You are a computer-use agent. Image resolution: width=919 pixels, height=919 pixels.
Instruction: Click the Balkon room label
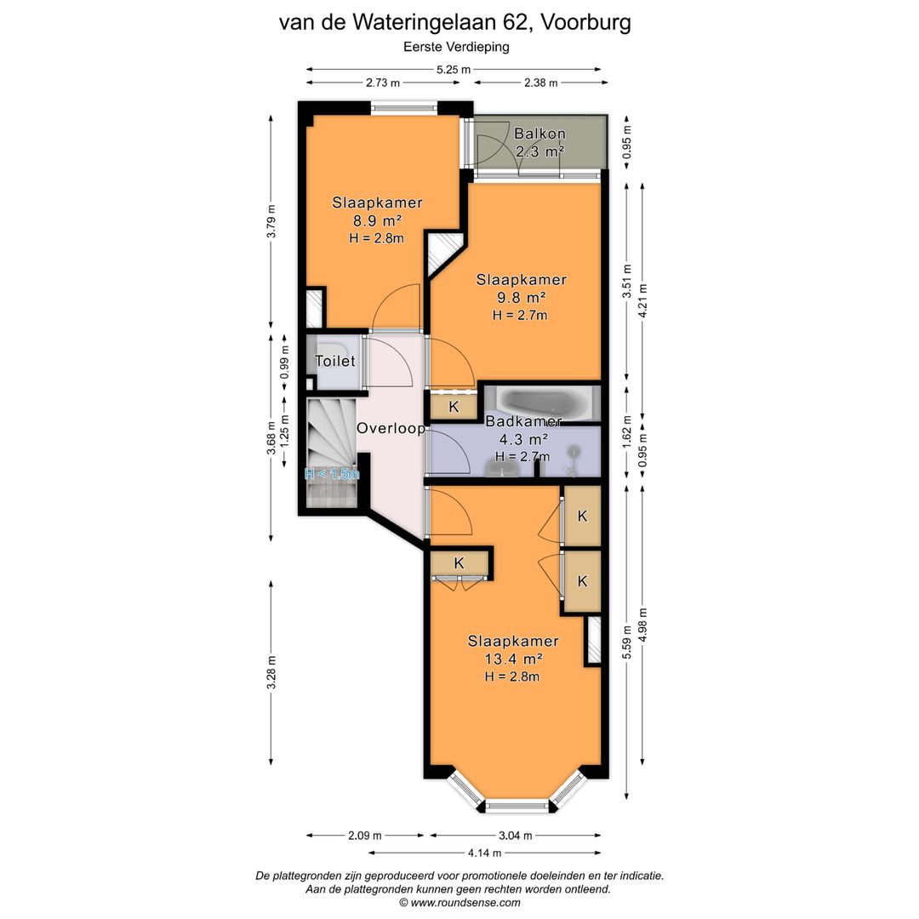(539, 134)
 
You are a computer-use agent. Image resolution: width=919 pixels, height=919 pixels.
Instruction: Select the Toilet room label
(334, 362)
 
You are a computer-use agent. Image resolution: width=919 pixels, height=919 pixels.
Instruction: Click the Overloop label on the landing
(391, 429)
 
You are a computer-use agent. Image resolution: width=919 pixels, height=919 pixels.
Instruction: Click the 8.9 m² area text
(377, 220)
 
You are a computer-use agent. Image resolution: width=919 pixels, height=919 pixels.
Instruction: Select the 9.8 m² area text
(521, 297)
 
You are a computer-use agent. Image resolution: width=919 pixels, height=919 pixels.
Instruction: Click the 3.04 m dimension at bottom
(516, 836)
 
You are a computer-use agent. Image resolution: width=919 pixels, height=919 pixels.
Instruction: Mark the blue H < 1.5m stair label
(332, 474)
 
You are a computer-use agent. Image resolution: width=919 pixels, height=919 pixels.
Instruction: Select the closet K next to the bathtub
(454, 407)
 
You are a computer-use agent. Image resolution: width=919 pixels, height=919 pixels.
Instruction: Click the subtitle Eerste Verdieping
(454, 48)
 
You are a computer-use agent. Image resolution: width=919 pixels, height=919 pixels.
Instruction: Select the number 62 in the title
(512, 21)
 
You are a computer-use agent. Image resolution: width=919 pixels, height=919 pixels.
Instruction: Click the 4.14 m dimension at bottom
(484, 852)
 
